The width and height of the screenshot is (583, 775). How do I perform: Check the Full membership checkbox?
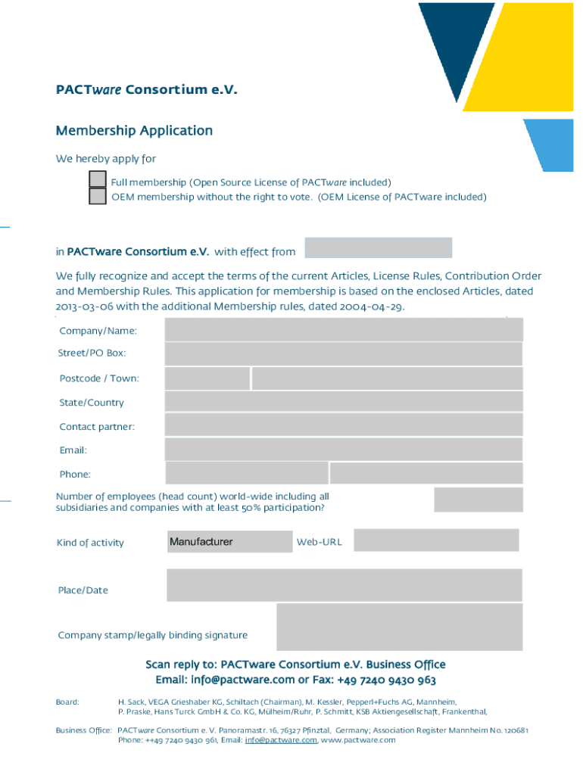pos(98,179)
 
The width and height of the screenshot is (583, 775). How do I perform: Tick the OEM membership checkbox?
pos(98,197)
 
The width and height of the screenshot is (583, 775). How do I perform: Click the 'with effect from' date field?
pos(379,248)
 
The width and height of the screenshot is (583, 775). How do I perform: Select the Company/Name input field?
pos(344,330)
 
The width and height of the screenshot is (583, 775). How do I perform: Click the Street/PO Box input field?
pos(344,353)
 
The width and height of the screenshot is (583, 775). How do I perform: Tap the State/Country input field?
pos(344,402)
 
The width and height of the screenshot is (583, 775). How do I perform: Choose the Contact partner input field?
pos(344,425)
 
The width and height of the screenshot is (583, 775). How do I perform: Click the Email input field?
pos(344,450)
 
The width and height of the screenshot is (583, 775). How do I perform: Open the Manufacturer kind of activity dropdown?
pos(229,542)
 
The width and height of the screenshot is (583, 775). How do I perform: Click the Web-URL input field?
pos(436,540)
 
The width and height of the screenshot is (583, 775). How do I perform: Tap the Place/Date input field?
pos(344,586)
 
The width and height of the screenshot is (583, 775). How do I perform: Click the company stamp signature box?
pos(399,627)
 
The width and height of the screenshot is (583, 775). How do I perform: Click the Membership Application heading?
pos(134,131)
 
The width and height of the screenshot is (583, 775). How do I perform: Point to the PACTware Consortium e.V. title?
pos(147,91)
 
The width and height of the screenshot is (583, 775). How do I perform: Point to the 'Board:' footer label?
pos(67,702)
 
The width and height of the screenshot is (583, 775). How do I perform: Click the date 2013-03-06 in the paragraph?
pos(89,307)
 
